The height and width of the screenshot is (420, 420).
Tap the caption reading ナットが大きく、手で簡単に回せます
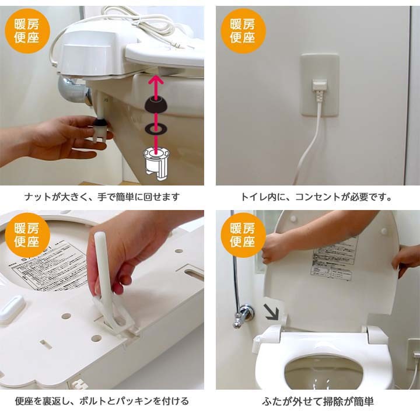coord(102,197)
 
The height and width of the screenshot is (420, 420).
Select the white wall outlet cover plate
coord(320,85)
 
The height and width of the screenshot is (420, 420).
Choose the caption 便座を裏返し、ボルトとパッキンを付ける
coord(102,401)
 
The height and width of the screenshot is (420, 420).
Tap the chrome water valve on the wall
coord(243,315)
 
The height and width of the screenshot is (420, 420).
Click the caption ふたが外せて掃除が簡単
coord(318,401)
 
